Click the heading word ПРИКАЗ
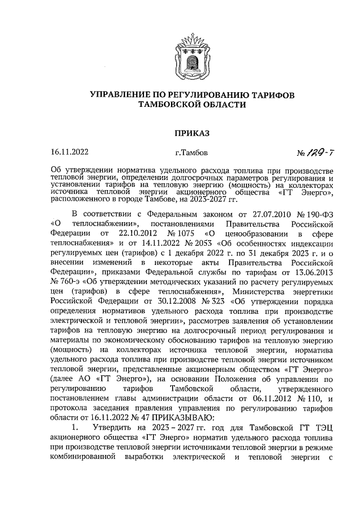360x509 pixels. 191,133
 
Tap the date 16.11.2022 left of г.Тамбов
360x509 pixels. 69,152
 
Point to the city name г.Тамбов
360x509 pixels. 191,152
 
